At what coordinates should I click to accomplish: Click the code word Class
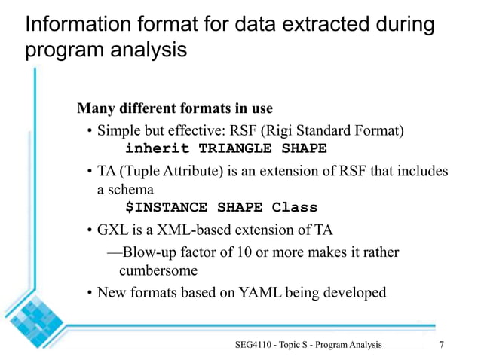point(294,207)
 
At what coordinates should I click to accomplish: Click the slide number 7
point(441,344)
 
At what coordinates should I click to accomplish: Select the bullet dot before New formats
point(88,292)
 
